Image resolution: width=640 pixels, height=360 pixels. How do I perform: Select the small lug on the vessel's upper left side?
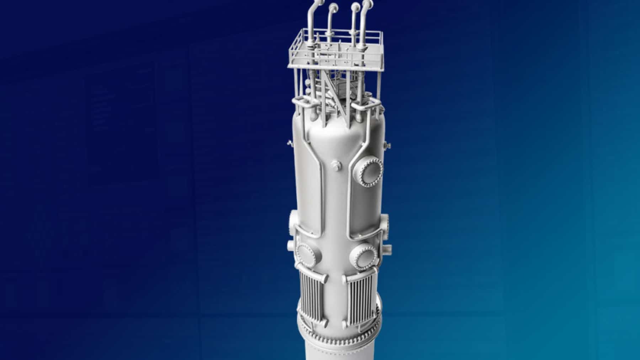[x=289, y=143]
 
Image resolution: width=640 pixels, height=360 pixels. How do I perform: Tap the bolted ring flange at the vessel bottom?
[x=338, y=332]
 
